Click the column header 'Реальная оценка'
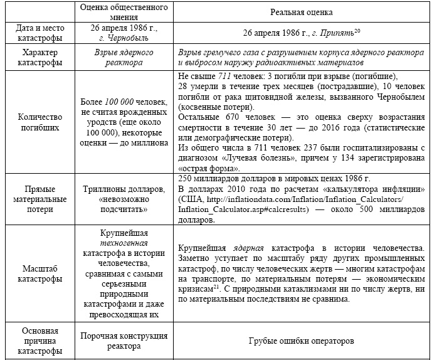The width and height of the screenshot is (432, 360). pyautogui.click(x=302, y=12)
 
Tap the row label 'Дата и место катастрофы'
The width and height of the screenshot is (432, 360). pyautogui.click(x=41, y=33)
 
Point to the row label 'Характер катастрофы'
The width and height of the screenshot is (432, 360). pyautogui.click(x=41, y=57)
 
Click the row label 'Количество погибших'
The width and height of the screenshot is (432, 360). pyautogui.click(x=41, y=120)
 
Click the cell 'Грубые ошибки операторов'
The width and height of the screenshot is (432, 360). pyautogui.click(x=302, y=341)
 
